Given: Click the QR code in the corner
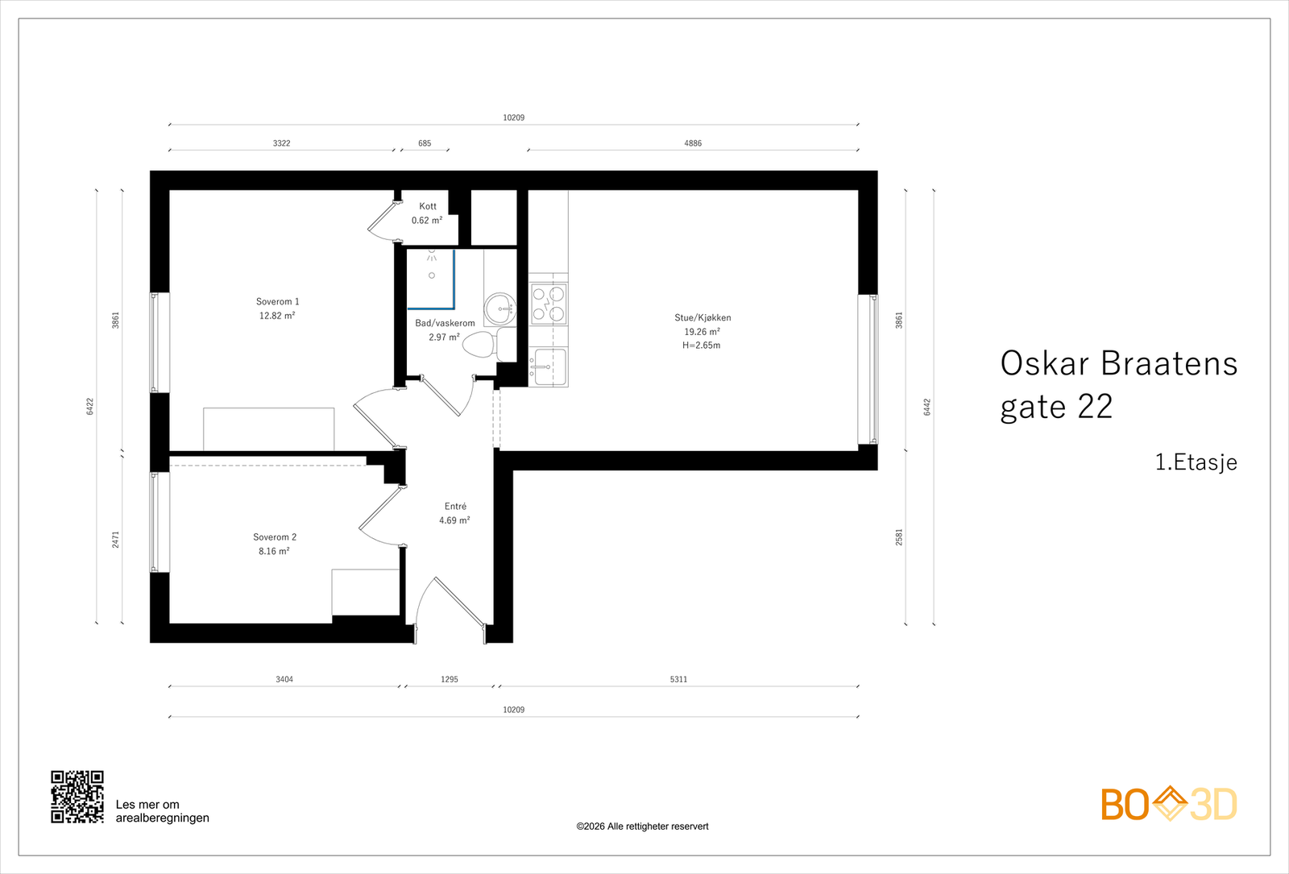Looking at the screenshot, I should (x=77, y=797).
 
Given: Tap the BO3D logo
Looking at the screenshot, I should (x=1169, y=804).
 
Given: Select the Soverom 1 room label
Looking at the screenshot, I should (x=277, y=302).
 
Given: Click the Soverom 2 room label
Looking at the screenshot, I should (x=275, y=537).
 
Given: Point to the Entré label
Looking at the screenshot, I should (x=455, y=507).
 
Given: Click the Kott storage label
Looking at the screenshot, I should (x=428, y=207).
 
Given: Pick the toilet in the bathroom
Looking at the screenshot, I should (x=483, y=346).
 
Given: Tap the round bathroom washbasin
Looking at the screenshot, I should (x=500, y=308).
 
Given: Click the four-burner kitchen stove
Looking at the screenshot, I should (x=549, y=304).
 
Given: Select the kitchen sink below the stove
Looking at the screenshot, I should (x=549, y=367).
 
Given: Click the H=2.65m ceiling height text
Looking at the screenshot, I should (x=702, y=346).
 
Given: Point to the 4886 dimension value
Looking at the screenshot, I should (x=693, y=143).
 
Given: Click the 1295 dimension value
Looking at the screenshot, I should (x=450, y=680).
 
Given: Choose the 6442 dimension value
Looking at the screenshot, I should (x=927, y=407).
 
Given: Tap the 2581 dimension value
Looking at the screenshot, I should (x=899, y=537).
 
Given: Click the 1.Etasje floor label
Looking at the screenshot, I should (x=1196, y=462).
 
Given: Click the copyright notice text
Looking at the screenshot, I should (x=642, y=826).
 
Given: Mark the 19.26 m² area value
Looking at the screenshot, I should (x=702, y=332).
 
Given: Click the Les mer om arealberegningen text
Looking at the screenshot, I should (x=162, y=811).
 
